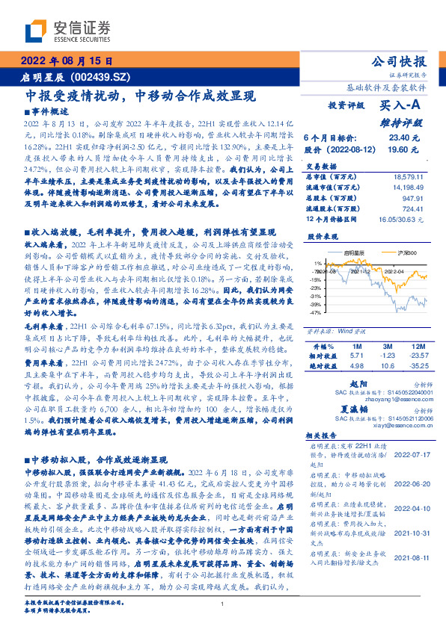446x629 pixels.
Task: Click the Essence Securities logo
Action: [67, 31]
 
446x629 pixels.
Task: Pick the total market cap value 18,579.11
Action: [410, 176]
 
